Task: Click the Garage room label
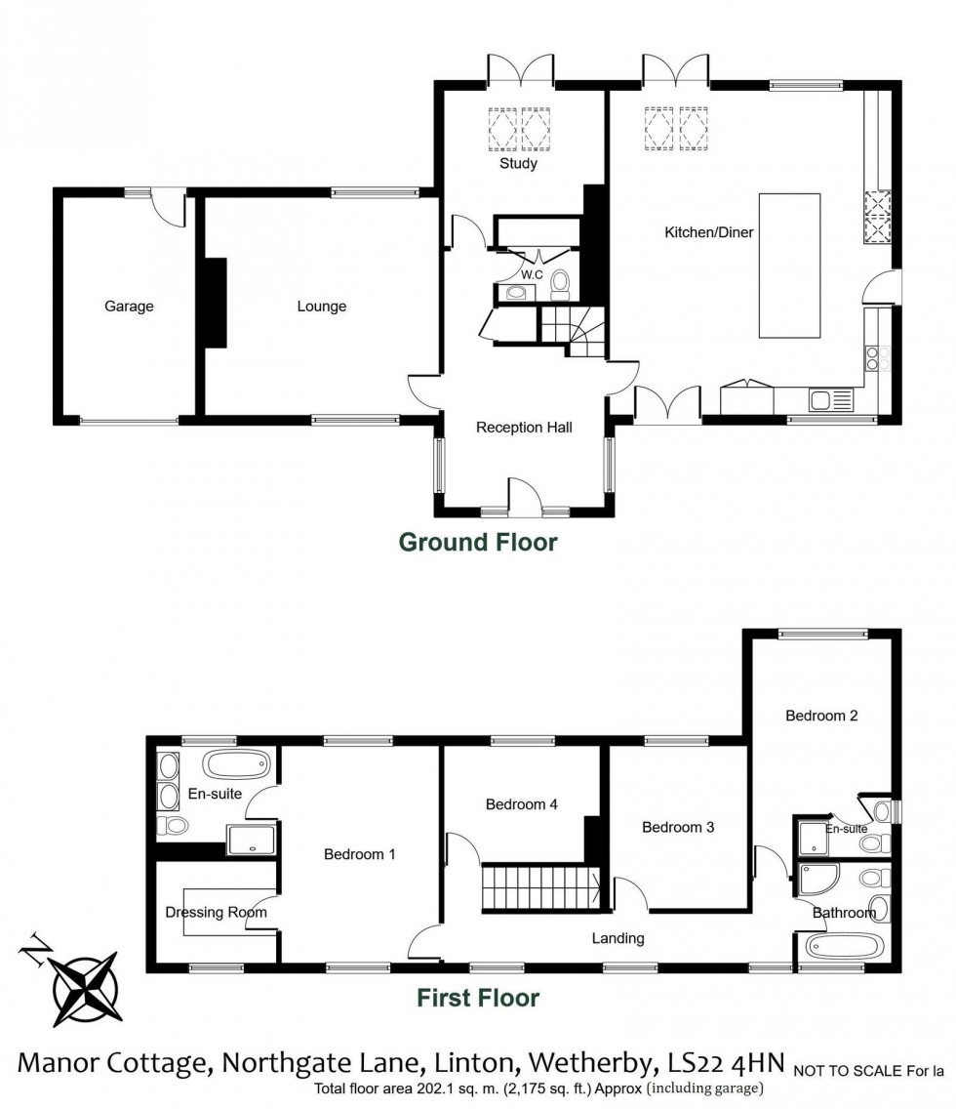129,307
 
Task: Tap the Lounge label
322,307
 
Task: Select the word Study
518,164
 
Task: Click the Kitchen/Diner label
709,232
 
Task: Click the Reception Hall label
524,428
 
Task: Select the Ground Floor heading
478,542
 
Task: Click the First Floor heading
478,998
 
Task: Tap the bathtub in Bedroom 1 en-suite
238,763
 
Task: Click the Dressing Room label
217,912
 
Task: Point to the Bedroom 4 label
522,804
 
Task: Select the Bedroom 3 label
678,827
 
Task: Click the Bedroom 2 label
821,716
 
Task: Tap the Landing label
618,938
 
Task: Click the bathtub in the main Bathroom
843,945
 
